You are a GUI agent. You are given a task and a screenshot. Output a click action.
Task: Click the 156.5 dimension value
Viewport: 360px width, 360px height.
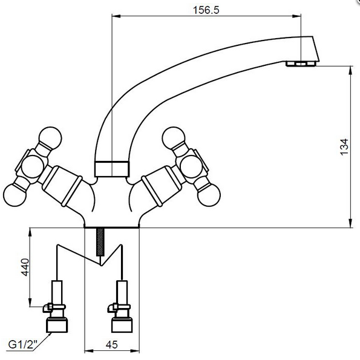pyautogui.click(x=206, y=10)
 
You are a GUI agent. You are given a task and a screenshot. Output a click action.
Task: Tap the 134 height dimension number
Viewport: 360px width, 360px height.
pyautogui.click(x=344, y=147)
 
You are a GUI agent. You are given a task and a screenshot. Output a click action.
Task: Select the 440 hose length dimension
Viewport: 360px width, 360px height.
pyautogui.click(x=25, y=267)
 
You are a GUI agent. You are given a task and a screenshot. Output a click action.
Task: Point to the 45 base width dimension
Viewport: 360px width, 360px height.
pyautogui.click(x=112, y=345)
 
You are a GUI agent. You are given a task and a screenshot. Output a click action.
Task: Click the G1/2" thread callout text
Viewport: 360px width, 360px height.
pyautogui.click(x=23, y=344)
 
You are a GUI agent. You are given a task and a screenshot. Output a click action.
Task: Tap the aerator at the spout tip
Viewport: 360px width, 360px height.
pyautogui.click(x=301, y=64)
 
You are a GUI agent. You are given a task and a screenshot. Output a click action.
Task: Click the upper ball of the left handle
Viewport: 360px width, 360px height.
pyautogui.click(x=50, y=138)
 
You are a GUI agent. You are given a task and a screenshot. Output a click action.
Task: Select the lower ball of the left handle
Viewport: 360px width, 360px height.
pyautogui.click(x=15, y=195)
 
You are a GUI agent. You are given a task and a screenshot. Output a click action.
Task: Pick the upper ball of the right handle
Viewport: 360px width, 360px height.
pyautogui.click(x=173, y=138)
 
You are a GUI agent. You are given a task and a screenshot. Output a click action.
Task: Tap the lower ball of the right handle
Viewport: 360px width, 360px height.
pyautogui.click(x=209, y=195)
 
